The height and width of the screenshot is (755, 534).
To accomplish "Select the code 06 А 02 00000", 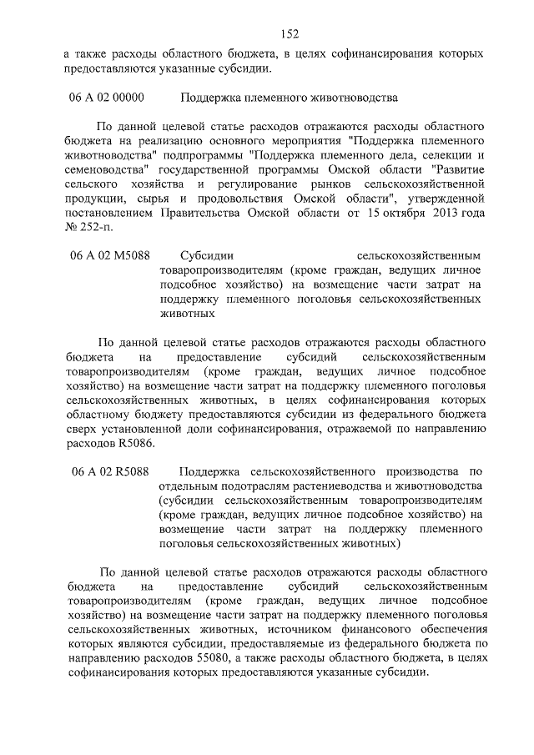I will tap(107, 98).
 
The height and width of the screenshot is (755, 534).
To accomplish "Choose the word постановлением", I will tap(105, 211).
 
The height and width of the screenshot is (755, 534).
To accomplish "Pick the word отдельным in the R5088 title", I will tap(185, 486).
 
